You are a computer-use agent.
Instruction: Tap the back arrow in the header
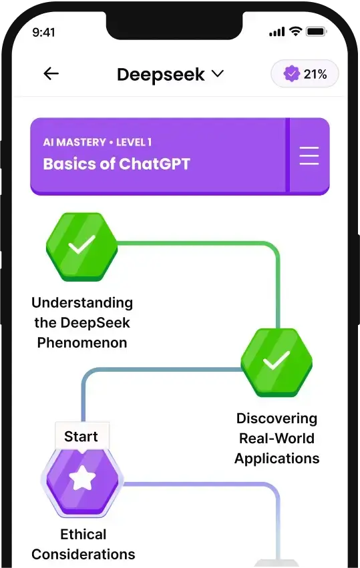pos(51,74)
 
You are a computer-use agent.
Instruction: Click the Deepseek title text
pos(160,74)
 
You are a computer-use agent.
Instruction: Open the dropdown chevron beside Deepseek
pos(217,74)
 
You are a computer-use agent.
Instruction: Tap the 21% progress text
pos(315,74)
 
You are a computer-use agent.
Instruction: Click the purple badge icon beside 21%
pos(291,74)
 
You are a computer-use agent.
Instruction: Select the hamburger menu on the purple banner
pos(309,156)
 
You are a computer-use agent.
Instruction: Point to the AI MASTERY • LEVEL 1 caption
pos(98,142)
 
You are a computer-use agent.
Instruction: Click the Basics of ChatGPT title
pos(117,164)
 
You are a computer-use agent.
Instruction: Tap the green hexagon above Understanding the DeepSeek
pos(81,246)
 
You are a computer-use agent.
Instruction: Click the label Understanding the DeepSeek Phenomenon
pos(82,323)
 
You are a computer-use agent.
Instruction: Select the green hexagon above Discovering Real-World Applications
pos(275,362)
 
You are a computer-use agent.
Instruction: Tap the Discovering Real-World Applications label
pos(277,439)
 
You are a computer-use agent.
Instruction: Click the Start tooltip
pos(81,437)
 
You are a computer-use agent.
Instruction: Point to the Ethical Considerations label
pos(83,544)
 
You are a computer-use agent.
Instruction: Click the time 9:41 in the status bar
pos(44,32)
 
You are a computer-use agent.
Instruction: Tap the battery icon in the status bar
pos(316,32)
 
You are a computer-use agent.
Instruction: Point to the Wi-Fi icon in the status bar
pos(295,32)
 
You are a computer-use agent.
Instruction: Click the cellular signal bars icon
pos(277,32)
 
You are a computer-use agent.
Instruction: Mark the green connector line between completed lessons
pos(200,244)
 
